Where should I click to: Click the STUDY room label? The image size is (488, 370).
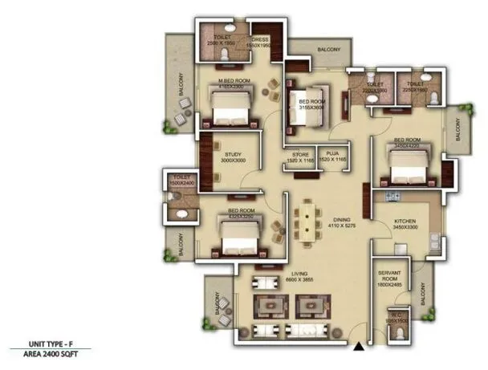(234, 156)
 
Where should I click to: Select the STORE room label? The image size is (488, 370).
(300, 156)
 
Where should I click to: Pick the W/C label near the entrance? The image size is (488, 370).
(396, 318)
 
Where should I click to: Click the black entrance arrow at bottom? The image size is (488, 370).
(358, 345)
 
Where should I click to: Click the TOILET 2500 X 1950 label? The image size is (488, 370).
(219, 39)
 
